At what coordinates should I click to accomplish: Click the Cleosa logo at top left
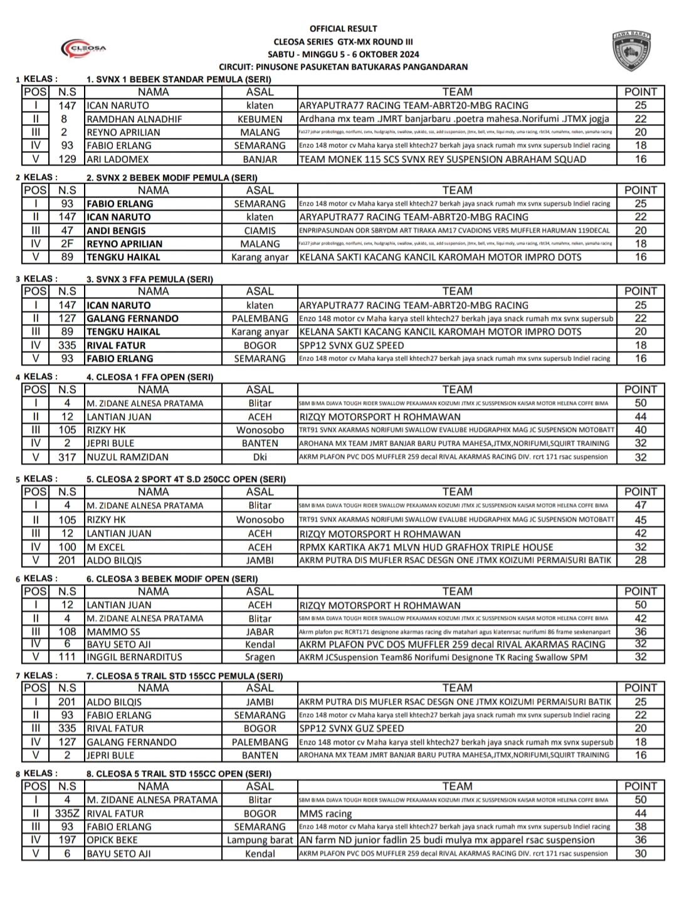click(83, 48)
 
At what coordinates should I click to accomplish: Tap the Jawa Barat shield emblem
click(632, 51)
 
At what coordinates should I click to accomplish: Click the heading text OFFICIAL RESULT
click(343, 28)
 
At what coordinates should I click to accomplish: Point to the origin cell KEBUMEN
click(260, 119)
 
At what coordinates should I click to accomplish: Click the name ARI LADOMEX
click(117, 159)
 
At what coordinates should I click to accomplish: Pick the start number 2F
click(67, 244)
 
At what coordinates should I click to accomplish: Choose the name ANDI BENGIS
click(116, 231)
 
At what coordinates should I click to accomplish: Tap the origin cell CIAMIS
click(260, 231)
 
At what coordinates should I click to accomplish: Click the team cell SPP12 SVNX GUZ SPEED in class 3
click(351, 345)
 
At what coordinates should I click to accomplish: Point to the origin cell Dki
click(260, 457)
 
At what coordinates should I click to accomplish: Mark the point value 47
click(640, 505)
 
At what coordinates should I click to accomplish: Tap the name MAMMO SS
click(113, 632)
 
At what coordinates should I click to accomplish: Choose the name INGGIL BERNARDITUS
click(134, 657)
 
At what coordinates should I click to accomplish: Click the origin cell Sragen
click(260, 657)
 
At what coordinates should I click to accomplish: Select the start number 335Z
click(67, 813)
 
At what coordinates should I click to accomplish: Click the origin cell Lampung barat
click(260, 840)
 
